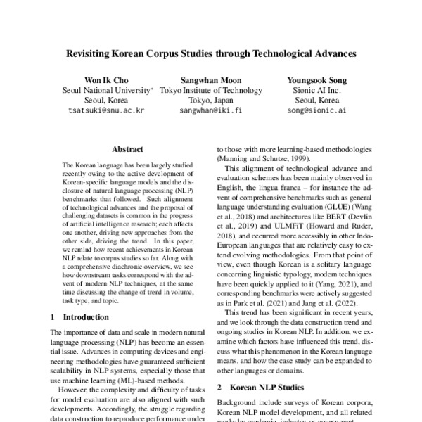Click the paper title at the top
pos(211,53)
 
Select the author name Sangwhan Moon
pos(211,80)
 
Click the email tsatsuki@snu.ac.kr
pos(105,110)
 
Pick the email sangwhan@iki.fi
pos(211,110)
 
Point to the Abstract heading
pos(128,149)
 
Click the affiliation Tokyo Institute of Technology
pos(211,90)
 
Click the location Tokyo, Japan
pos(211,100)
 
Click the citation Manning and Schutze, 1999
pos(260,160)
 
